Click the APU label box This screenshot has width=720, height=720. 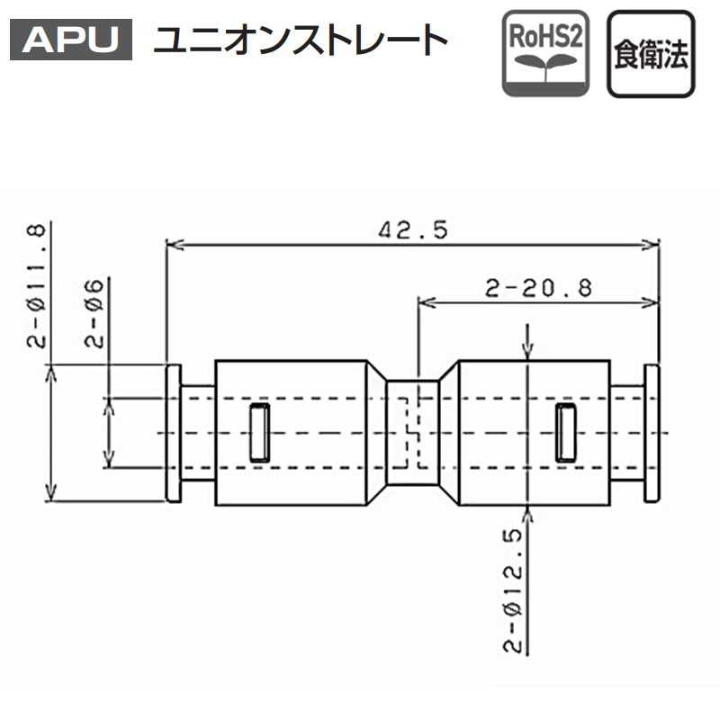[x=71, y=40]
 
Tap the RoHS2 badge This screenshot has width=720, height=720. [x=545, y=53]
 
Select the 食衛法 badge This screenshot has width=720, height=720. [x=651, y=54]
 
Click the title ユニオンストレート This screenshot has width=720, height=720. [x=301, y=40]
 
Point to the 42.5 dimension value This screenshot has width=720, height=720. [x=413, y=229]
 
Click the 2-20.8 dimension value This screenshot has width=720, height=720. [x=538, y=288]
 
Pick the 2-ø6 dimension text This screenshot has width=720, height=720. [x=95, y=314]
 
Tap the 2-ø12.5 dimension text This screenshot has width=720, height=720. [x=513, y=591]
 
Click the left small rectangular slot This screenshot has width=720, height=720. [x=259, y=432]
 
